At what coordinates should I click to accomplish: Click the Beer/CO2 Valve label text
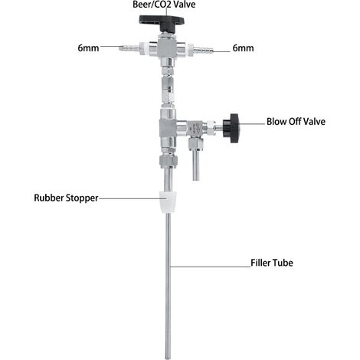coord(164,5)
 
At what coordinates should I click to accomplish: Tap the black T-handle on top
coord(162,22)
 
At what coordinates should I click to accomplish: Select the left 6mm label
coord(88,48)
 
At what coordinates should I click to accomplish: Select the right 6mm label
coord(243,48)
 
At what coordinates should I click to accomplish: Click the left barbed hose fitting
coord(129,47)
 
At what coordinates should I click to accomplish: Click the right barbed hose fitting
coord(203,50)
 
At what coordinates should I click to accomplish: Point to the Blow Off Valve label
coord(296,122)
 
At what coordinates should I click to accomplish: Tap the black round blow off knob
coord(231,128)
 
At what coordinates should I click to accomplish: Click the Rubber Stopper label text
coord(66,198)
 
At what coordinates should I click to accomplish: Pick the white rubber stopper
coord(168,202)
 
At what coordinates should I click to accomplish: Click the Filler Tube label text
coord(272,263)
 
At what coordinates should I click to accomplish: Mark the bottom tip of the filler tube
coord(168,358)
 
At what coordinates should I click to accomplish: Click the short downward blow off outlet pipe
coord(196,165)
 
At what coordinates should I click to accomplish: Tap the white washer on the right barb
coord(191,50)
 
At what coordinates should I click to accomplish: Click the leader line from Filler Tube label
coord(210,267)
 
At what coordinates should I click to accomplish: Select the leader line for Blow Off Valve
coord(252,124)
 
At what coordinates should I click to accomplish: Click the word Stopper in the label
coord(82,198)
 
